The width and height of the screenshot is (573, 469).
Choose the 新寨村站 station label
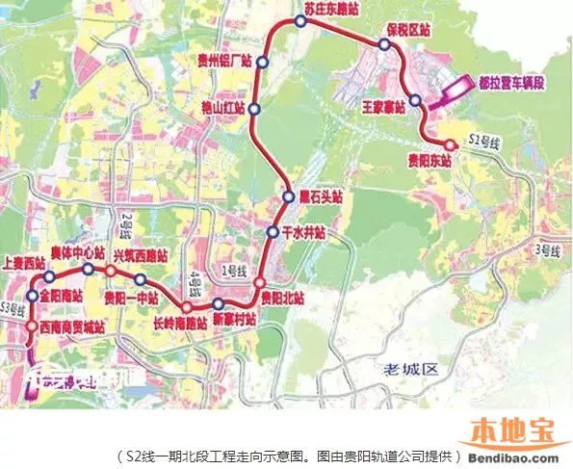tap(232, 318)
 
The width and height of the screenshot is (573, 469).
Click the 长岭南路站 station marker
tap(189, 309)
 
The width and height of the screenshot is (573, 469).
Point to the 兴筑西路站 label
tap(140, 254)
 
